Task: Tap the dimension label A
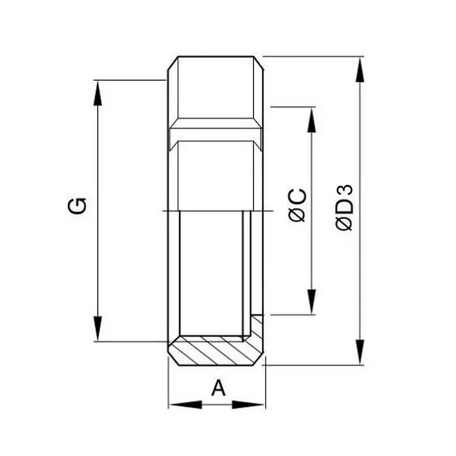[219, 388]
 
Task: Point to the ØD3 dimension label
[345, 207]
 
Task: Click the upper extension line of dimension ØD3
[313, 57]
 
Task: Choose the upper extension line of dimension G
[130, 80]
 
